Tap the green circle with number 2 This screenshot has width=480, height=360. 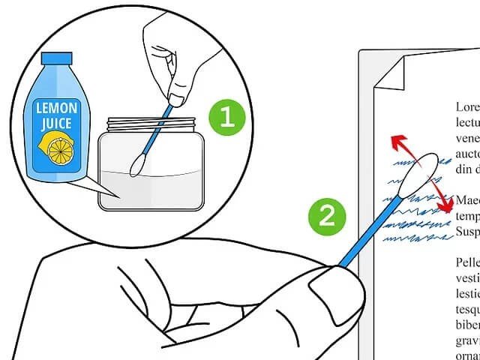point(326,217)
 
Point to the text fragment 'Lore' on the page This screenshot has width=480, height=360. point(467,107)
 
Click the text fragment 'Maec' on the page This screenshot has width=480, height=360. point(467,201)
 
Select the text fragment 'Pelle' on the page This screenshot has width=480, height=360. point(467,263)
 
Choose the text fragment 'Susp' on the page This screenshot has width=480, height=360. point(467,231)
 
